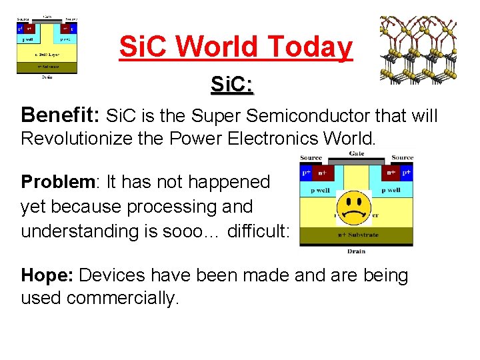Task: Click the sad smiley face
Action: tap(353, 207)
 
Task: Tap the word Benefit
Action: tap(59, 115)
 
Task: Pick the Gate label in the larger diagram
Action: tap(357, 153)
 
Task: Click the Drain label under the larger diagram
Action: tap(356, 251)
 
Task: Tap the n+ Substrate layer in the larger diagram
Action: tap(356, 235)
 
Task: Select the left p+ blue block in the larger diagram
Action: tap(306, 172)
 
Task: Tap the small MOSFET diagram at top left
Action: tap(47, 45)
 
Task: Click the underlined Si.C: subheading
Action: tap(231, 85)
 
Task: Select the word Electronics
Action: tap(291, 139)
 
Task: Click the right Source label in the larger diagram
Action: tap(402, 158)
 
